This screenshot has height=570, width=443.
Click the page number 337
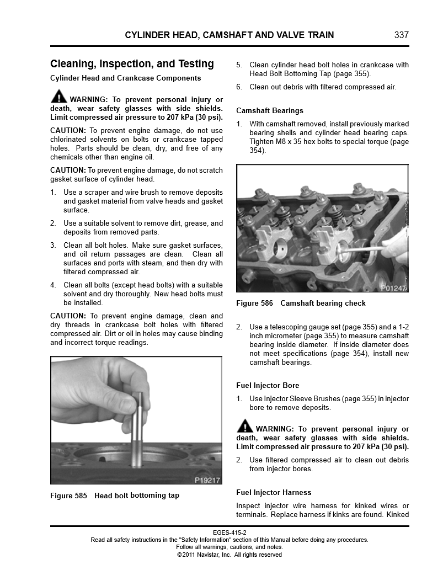click(402, 35)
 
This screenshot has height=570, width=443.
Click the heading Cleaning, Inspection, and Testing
click(132, 64)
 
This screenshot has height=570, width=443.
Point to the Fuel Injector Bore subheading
click(268, 386)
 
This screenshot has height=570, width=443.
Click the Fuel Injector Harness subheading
click(274, 493)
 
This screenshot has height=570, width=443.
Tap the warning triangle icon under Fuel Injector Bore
click(244, 425)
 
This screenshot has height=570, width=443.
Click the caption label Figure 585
click(68, 496)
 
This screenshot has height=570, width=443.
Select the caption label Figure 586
click(254, 303)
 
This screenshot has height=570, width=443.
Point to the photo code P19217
click(207, 480)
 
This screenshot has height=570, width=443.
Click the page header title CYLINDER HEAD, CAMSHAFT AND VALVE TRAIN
click(229, 35)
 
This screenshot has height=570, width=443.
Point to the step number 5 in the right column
click(239, 65)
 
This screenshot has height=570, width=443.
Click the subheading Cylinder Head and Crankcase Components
click(125, 78)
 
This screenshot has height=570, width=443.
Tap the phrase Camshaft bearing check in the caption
click(323, 303)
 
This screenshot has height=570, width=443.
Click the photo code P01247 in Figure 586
click(393, 288)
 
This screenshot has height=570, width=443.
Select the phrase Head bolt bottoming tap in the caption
click(137, 496)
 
